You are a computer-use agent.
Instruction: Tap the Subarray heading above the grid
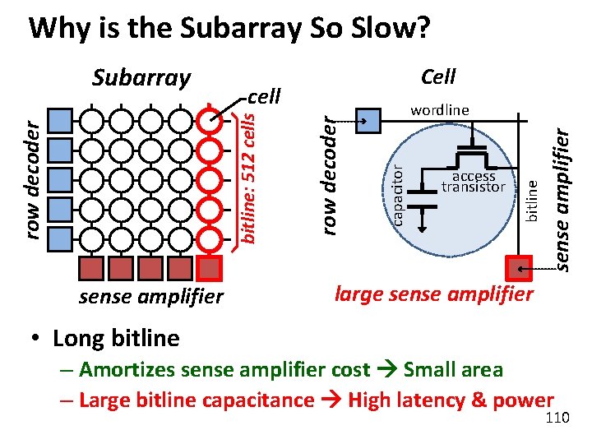pyautogui.click(x=141, y=78)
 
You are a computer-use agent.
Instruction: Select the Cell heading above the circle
pyautogui.click(x=437, y=77)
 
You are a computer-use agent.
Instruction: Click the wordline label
pyautogui.click(x=440, y=109)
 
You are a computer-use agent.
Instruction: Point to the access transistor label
pyautogui.click(x=473, y=182)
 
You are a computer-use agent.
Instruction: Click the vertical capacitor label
pyautogui.click(x=396, y=194)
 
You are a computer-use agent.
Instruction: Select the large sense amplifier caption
pyautogui.click(x=434, y=293)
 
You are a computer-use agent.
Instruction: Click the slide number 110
pyautogui.click(x=557, y=419)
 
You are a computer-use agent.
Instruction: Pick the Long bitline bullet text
pyautogui.click(x=115, y=338)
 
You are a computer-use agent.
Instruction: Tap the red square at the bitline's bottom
pyautogui.click(x=518, y=269)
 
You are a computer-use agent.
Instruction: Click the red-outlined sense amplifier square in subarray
pyautogui.click(x=210, y=269)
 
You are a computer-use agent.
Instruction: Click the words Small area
pyautogui.click(x=453, y=370)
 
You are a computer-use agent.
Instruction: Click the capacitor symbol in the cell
pyautogui.click(x=423, y=194)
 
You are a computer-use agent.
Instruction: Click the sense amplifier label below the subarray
pyautogui.click(x=150, y=297)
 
